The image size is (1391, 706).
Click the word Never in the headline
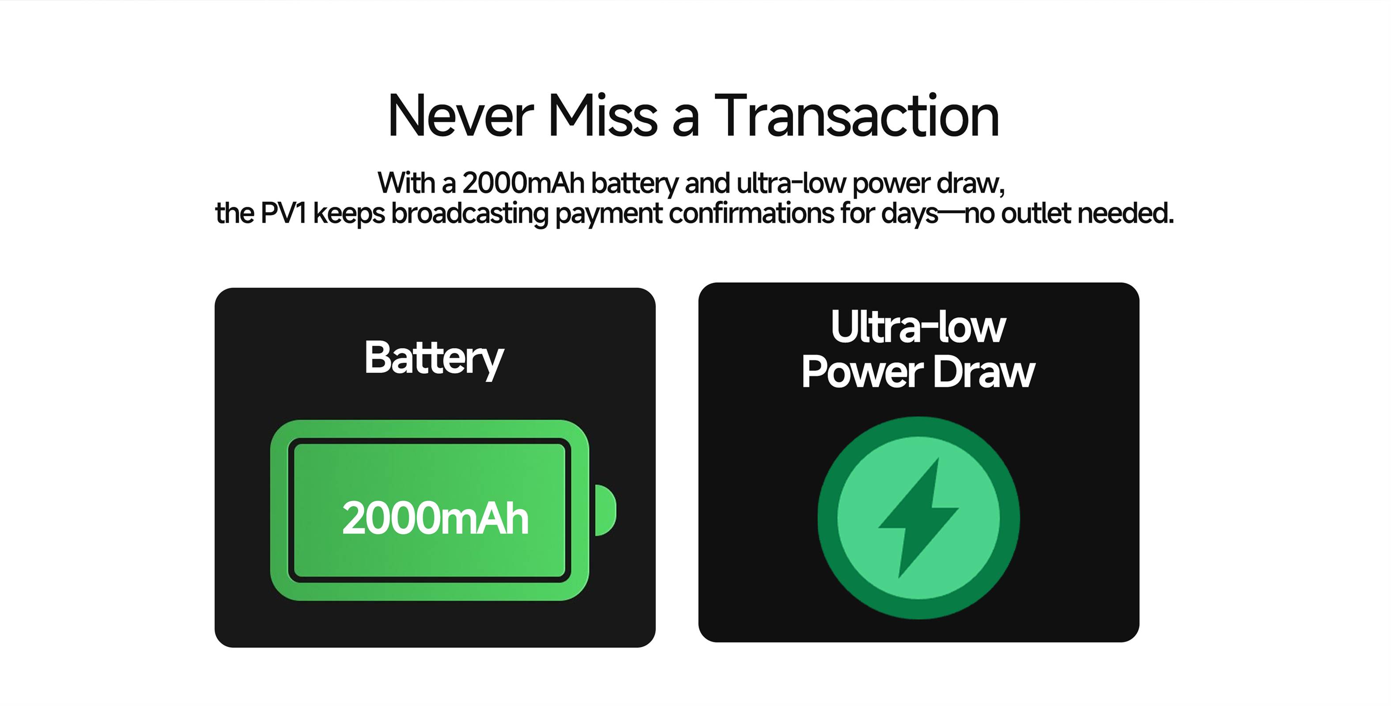pyautogui.click(x=461, y=116)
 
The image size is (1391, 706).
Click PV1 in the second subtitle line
pyautogui.click(x=283, y=213)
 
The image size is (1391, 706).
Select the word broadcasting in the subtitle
pyautogui.click(x=470, y=214)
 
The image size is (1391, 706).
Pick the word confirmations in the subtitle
pyautogui.click(x=751, y=213)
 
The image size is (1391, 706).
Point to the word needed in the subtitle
pyautogui.click(x=1126, y=213)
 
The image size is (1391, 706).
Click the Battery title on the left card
pyautogui.click(x=434, y=359)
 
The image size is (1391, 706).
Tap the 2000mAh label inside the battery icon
pyautogui.click(x=435, y=518)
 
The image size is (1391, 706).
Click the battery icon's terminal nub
pyautogui.click(x=605, y=510)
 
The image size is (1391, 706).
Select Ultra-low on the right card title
pyautogui.click(x=919, y=327)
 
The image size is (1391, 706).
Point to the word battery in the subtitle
pyautogui.click(x=635, y=184)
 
